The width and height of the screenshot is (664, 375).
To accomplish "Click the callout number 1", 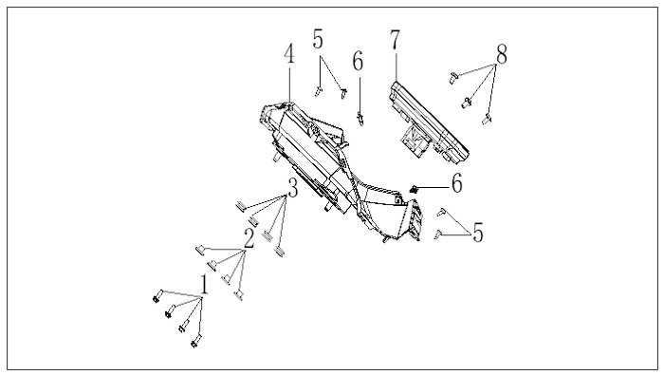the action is [204, 284].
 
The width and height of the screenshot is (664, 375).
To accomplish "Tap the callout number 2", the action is [249, 238].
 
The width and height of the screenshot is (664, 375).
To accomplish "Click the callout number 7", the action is [396, 40].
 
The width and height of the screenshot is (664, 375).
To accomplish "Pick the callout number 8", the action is [502, 55].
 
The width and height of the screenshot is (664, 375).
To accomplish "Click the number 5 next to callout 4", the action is [318, 39].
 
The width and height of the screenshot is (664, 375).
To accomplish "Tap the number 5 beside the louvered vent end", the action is [478, 233].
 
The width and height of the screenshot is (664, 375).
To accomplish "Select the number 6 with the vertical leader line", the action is [358, 61].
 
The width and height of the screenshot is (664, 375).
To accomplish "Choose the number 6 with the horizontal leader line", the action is [457, 183].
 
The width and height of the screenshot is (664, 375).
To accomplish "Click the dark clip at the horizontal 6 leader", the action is [415, 190].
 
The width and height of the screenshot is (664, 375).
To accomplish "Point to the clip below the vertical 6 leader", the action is [360, 119].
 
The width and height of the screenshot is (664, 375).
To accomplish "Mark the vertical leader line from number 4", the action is [289, 84].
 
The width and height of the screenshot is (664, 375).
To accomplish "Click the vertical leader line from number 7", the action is [396, 66].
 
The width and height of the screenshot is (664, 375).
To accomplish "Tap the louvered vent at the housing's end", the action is [415, 221].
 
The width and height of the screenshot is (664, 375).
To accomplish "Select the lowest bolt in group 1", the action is [196, 341].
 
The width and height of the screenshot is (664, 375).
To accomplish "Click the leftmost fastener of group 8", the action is [453, 77].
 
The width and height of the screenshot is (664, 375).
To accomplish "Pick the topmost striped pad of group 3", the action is [241, 206].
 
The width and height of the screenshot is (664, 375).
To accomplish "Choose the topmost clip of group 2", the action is [200, 250].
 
